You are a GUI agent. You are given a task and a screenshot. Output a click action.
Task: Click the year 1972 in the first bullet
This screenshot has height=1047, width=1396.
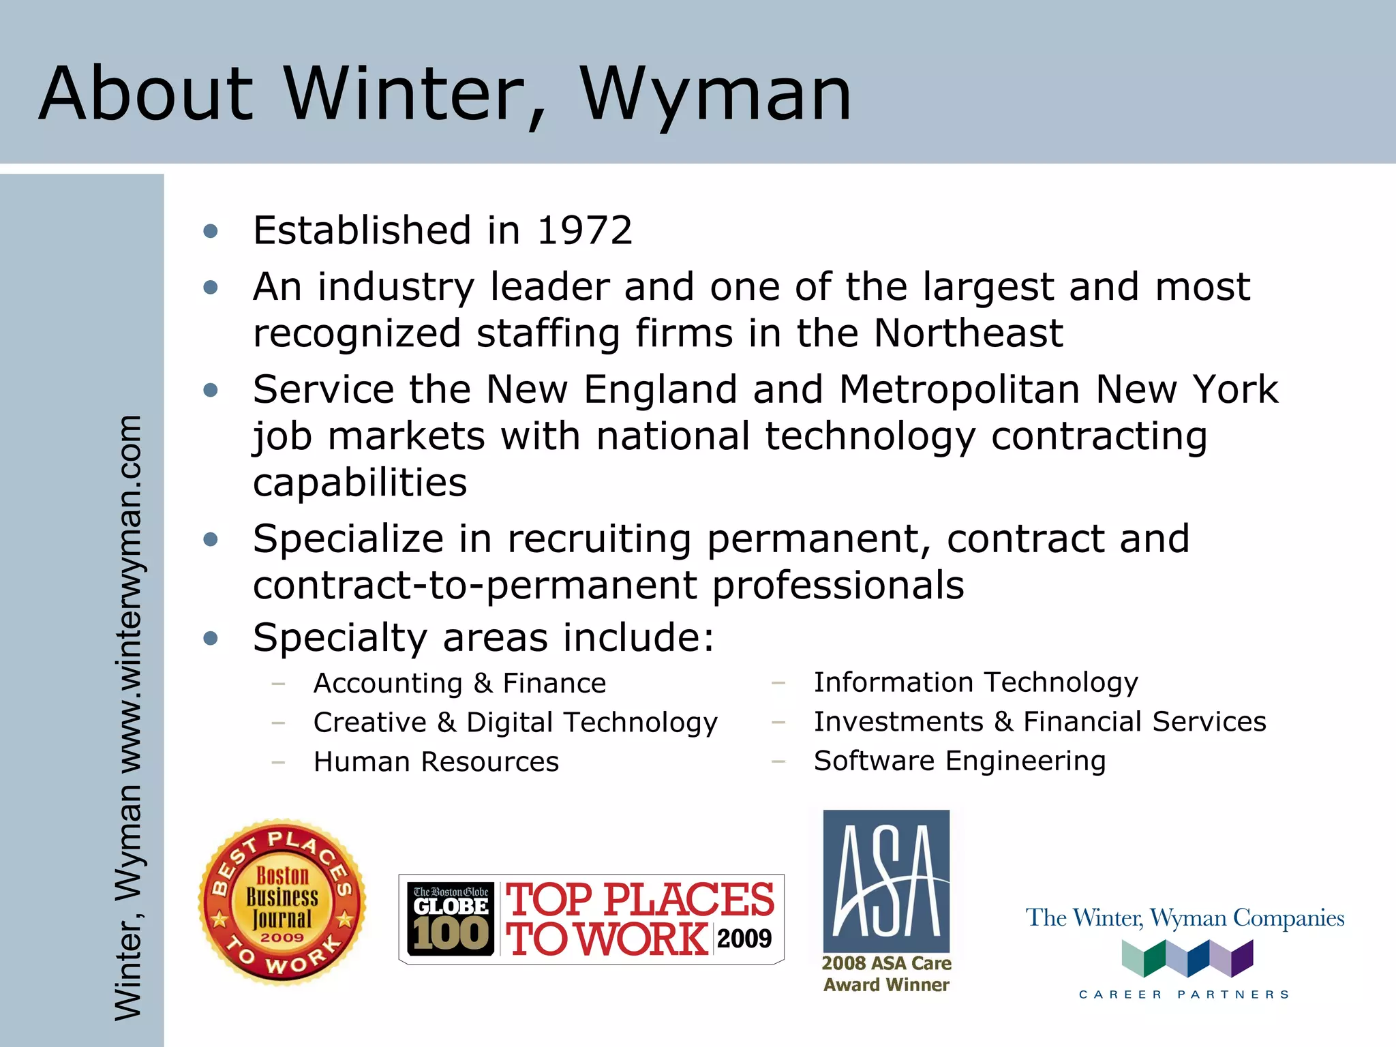[585, 230]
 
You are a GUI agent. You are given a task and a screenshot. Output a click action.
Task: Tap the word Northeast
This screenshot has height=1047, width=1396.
[968, 333]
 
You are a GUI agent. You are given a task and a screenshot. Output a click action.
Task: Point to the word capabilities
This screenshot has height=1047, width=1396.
[360, 483]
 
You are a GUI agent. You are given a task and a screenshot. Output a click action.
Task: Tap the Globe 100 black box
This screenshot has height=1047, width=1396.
[451, 918]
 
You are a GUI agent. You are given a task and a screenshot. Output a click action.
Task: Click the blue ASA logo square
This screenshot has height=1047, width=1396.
[886, 881]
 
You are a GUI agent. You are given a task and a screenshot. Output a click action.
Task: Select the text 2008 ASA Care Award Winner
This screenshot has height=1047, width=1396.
[886, 974]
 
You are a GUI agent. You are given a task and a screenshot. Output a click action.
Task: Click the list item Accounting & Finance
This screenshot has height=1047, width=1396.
[459, 683]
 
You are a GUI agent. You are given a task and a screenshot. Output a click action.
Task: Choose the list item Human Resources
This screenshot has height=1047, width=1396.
[436, 761]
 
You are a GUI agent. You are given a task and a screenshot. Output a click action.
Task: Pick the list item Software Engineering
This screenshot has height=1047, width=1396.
[960, 761]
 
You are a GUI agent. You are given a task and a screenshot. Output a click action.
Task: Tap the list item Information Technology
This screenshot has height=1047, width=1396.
[976, 682]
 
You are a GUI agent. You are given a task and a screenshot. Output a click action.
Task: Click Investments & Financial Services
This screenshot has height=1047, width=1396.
[1040, 721]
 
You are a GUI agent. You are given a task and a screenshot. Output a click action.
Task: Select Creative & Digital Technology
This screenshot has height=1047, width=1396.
[515, 723]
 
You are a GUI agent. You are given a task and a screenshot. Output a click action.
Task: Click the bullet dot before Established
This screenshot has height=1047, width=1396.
[211, 231]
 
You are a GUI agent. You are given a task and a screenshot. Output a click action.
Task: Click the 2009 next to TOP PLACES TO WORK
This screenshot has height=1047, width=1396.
[744, 939]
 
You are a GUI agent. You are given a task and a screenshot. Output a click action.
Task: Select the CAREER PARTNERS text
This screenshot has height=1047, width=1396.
[1184, 995]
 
